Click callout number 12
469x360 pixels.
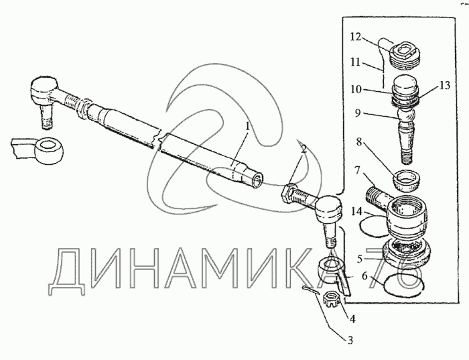click(x=356, y=37)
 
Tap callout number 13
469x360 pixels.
click(x=444, y=85)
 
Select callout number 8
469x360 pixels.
click(x=358, y=141)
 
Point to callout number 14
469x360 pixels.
click(x=356, y=212)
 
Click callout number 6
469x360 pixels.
click(x=360, y=258)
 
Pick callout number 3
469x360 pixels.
click(x=364, y=276)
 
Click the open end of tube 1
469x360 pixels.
click(x=257, y=181)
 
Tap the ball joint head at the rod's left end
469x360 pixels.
click(x=44, y=89)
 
